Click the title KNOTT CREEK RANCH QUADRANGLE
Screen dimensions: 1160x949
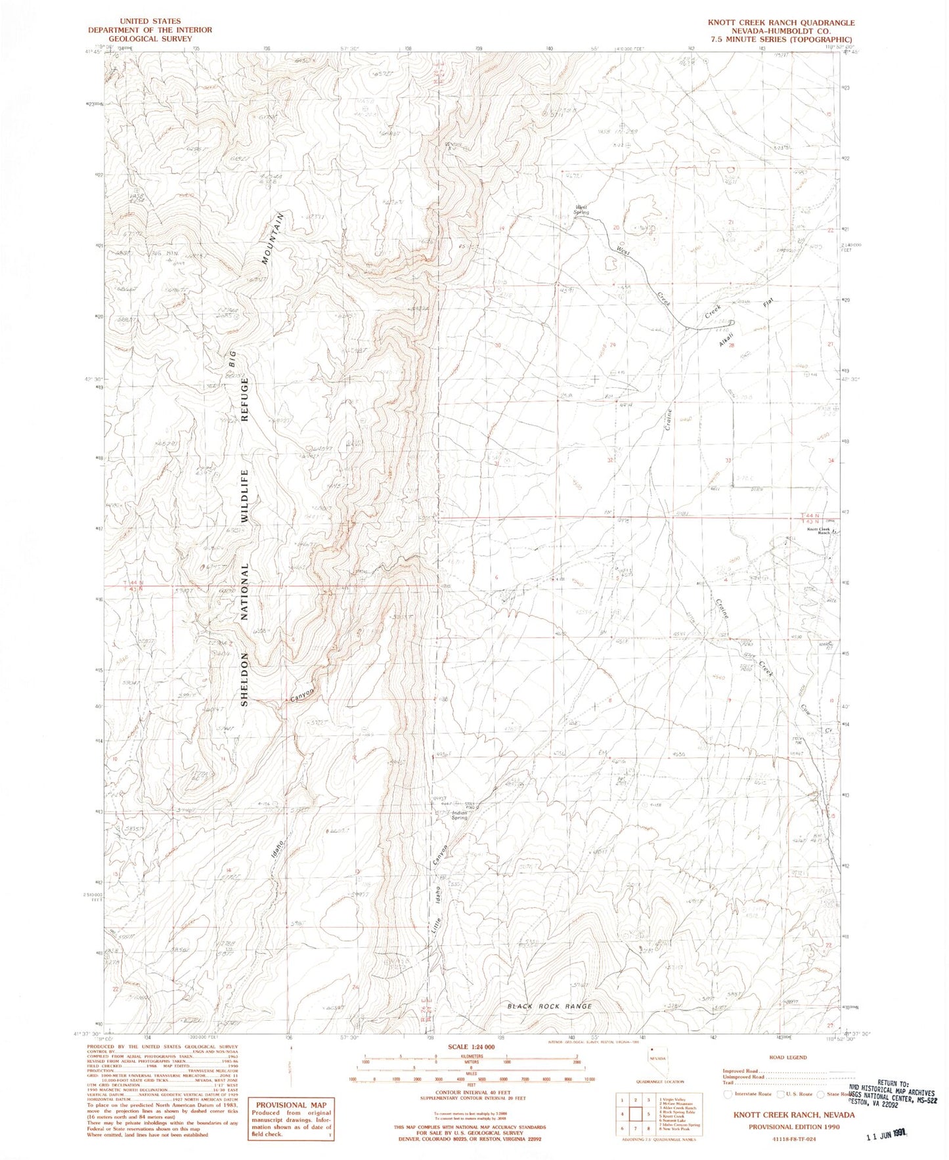pyautogui.click(x=781, y=22)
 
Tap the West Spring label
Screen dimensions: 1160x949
pyautogui.click(x=581, y=210)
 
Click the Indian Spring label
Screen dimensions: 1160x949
pyautogui.click(x=459, y=815)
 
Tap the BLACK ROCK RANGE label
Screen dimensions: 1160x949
pyautogui.click(x=550, y=1006)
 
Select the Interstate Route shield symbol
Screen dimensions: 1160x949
pyautogui.click(x=728, y=1094)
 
